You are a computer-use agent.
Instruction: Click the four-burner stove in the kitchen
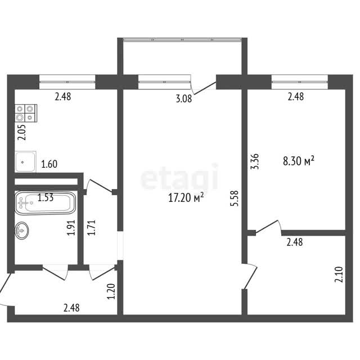coord(26,113)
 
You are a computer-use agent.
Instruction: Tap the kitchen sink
coord(25,161)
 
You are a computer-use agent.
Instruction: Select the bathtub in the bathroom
coord(45,203)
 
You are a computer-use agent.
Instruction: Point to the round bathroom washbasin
coord(22,231)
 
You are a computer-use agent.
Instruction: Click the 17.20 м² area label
coord(186,197)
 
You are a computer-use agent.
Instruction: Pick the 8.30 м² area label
coord(299,161)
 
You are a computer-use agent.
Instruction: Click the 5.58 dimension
coord(235,199)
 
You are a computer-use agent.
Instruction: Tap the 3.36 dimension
coord(255,161)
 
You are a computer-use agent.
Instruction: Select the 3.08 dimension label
coord(184,99)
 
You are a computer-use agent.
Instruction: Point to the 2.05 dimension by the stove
coord(22,132)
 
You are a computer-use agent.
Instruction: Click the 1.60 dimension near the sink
coord(49,164)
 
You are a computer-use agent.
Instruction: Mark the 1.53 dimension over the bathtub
coord(46,197)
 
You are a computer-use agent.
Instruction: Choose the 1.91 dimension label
coord(71,227)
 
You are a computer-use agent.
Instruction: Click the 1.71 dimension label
coord(91,227)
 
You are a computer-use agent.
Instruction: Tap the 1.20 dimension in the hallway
coord(111,291)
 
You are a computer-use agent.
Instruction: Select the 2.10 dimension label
coord(339,274)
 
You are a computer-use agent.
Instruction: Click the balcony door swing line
coord(205,88)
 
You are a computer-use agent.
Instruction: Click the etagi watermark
coord(179,177)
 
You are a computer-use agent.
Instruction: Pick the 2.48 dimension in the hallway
coord(71,308)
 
